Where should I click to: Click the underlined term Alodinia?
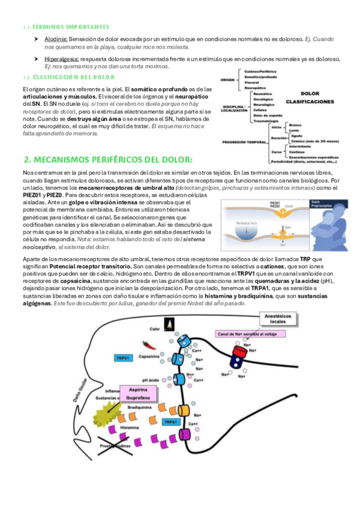(55, 39)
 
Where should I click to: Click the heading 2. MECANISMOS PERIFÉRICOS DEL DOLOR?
(108, 160)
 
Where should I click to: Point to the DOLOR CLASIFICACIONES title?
(310, 98)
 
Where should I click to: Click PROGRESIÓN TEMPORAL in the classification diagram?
(243, 142)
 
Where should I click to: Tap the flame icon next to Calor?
(170, 325)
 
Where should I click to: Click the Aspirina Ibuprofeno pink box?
(136, 394)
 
